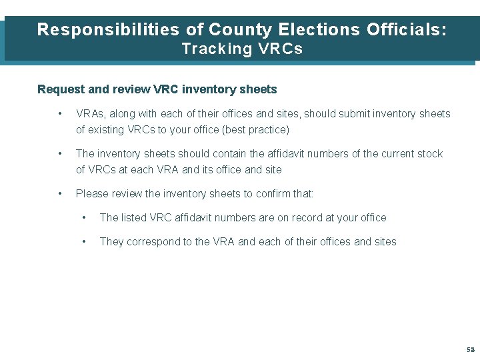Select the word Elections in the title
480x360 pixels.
317,29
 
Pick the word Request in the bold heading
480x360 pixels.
59,89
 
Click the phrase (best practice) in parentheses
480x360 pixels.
257,130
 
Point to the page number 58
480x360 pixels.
471,350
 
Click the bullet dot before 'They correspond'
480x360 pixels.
85,242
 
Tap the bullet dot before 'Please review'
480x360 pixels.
61,194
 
